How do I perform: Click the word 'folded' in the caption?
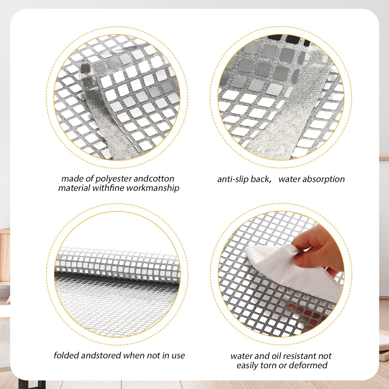click(66, 355)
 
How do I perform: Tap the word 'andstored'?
click(101, 355)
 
